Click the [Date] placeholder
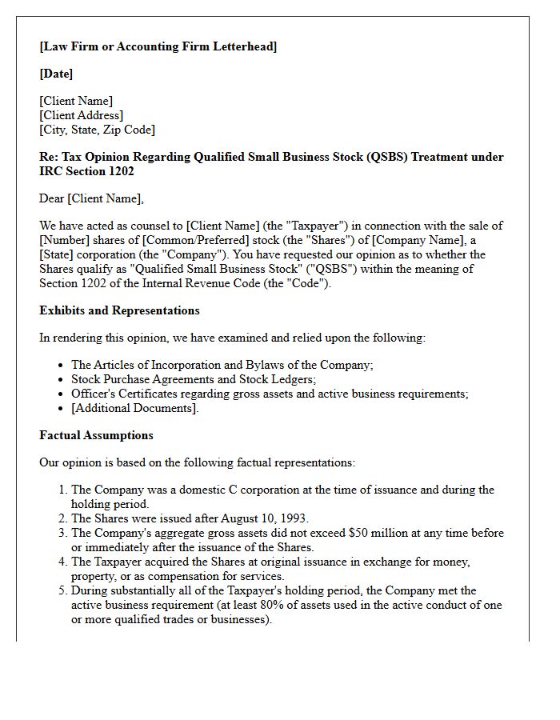[x=56, y=74]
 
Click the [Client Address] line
[x=81, y=115]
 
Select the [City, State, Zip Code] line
[x=97, y=130]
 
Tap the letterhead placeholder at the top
[x=158, y=46]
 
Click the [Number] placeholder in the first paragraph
[x=66, y=240]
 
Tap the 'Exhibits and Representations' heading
[x=119, y=310]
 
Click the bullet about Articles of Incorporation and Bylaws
[x=222, y=365]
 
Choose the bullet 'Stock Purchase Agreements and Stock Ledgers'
[x=193, y=379]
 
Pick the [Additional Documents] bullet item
[x=134, y=408]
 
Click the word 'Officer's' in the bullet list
[x=94, y=394]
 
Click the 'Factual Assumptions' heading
[x=96, y=435]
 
